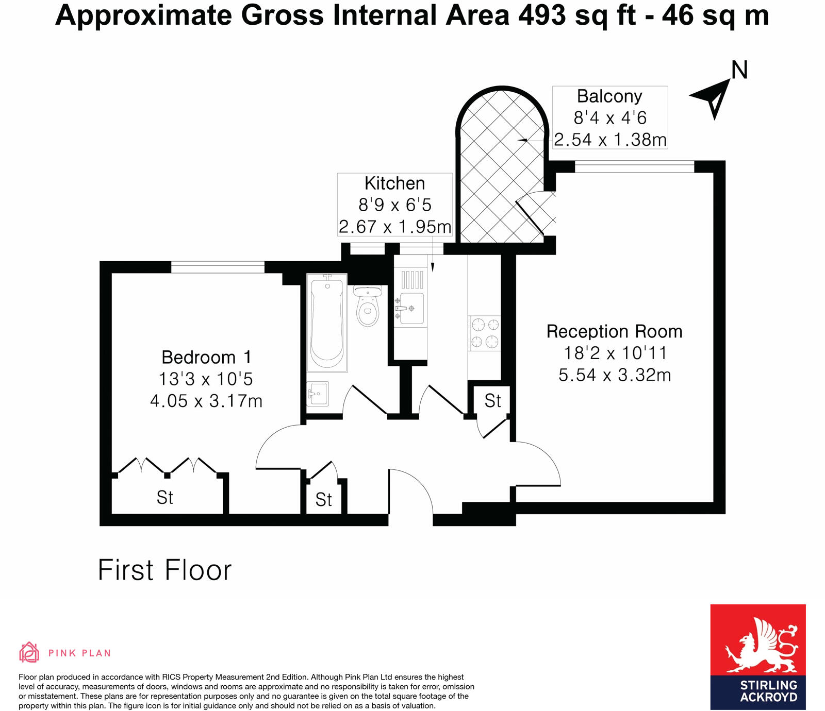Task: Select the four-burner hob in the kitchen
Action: [x=485, y=333]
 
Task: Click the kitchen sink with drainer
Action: [x=411, y=301]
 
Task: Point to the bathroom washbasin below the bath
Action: [x=318, y=394]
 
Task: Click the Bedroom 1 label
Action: [x=206, y=357]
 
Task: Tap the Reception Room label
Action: [x=614, y=331]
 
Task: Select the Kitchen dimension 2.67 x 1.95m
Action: [x=395, y=227]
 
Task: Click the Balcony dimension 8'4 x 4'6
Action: [x=610, y=118]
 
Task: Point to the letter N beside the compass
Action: [x=739, y=70]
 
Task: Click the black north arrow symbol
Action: [x=713, y=98]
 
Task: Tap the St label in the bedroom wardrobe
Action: [x=164, y=498]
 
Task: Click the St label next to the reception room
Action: [x=492, y=401]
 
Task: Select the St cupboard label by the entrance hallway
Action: [x=323, y=500]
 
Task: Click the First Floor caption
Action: [x=164, y=570]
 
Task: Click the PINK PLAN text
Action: [x=79, y=653]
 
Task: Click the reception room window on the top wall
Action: [x=634, y=166]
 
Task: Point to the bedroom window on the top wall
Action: [x=218, y=267]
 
